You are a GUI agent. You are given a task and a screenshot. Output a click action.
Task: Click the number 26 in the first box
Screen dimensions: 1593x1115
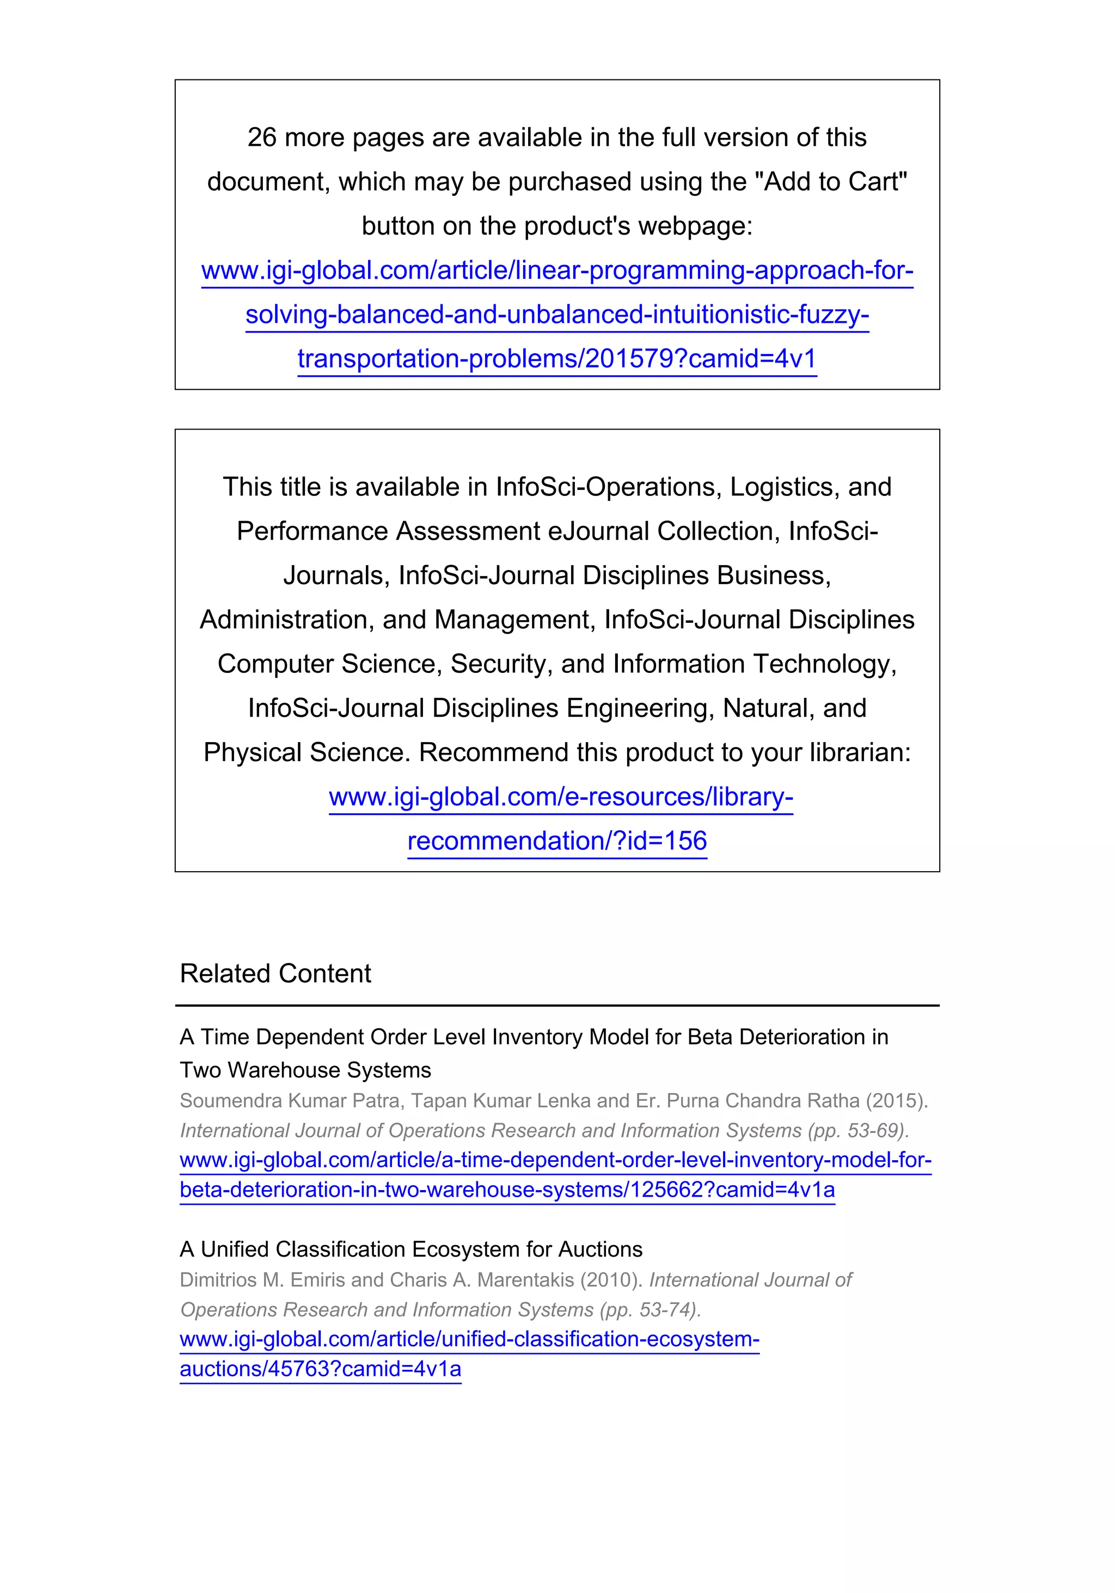261,137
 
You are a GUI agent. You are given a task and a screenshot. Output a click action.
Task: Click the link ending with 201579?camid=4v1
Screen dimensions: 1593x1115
557,359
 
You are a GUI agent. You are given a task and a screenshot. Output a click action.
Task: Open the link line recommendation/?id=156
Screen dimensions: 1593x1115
557,841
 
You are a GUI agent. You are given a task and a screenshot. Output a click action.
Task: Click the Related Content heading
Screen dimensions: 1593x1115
275,974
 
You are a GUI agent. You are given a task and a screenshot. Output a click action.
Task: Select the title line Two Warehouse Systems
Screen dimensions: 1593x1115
305,1070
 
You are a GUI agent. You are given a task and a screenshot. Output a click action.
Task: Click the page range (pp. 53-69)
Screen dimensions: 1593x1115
857,1131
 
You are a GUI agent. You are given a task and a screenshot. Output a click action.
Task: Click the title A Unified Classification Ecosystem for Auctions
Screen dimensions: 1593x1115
411,1249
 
